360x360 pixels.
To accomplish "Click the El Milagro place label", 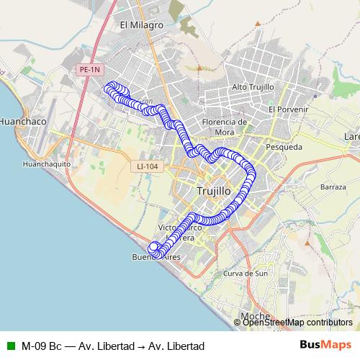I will click(x=142, y=24).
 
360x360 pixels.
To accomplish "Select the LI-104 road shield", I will click(x=147, y=166).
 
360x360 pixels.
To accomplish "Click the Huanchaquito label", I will click(x=46, y=163).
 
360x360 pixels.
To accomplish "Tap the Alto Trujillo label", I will click(x=253, y=87).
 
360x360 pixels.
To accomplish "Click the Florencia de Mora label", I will click(x=225, y=127).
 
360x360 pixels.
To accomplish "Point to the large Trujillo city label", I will click(x=214, y=192).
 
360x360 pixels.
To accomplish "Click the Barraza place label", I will click(x=333, y=186).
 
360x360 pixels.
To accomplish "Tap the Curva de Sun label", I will click(x=246, y=274).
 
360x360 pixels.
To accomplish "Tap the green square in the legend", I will click(x=9, y=346).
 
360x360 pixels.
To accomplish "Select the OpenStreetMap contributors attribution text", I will click(x=297, y=323).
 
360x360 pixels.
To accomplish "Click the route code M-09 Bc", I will click(x=41, y=346).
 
